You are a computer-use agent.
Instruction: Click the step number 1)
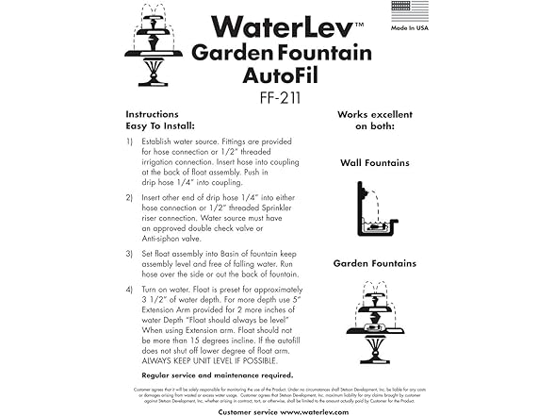[129, 141]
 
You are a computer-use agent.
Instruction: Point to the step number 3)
[129, 253]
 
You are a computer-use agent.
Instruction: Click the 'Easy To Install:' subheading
[161, 123]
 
